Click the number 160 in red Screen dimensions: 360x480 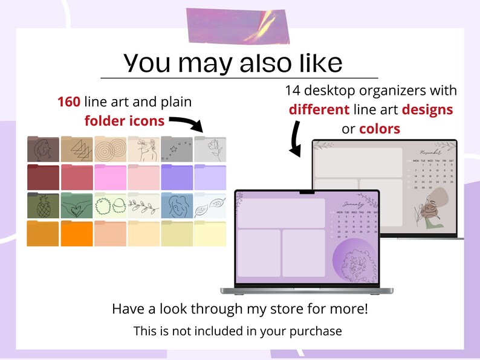69,102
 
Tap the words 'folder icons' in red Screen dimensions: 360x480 124,121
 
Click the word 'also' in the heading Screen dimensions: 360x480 248,62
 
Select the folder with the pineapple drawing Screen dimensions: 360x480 43,205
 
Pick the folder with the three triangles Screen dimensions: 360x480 76,149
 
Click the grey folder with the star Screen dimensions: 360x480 176,149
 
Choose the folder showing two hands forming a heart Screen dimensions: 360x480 76,205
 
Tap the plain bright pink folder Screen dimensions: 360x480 109,177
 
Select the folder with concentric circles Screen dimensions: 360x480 109,149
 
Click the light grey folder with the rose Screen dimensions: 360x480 210,149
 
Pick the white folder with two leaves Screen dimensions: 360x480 210,205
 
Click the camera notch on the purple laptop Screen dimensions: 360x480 307,193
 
